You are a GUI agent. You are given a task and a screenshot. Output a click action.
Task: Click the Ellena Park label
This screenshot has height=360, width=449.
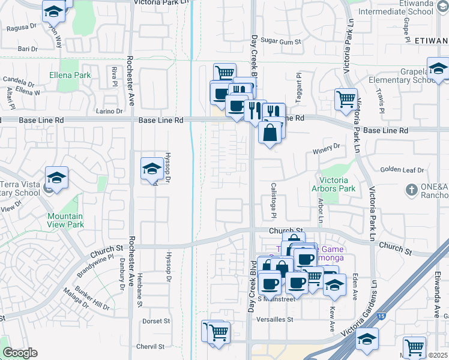click(71, 76)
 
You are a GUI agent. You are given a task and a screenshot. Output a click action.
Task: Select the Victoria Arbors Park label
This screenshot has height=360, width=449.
click(337, 184)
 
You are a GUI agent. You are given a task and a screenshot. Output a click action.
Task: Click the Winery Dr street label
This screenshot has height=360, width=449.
click(327, 146)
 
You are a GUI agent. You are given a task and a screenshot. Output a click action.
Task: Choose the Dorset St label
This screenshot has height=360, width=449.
click(156, 321)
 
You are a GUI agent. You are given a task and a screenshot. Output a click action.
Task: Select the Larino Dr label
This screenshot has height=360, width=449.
click(109, 111)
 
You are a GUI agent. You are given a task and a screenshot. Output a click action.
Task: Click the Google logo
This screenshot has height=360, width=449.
click(20, 353)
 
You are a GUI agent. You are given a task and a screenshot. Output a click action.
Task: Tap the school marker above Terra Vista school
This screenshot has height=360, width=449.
click(56, 179)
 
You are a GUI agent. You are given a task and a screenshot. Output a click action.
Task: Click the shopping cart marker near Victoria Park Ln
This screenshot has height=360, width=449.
click(346, 100)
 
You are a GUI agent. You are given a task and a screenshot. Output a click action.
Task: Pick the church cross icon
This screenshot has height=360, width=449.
click(411, 190)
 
